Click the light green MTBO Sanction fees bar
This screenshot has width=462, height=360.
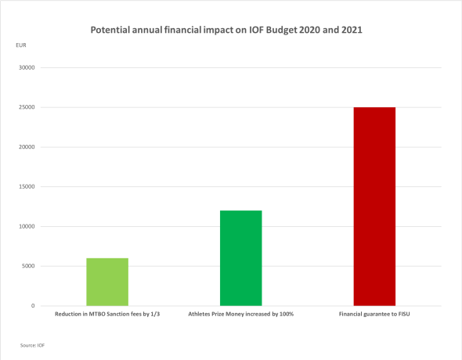tap(106, 282)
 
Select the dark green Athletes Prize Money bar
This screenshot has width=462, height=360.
tap(240, 258)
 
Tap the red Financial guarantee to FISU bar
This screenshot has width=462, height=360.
tap(374, 207)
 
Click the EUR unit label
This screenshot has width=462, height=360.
tap(20, 45)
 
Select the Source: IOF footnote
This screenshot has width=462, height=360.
tap(32, 344)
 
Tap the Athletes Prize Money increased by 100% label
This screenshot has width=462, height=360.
tap(240, 315)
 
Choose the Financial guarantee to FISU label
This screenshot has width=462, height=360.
tap(374, 315)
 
